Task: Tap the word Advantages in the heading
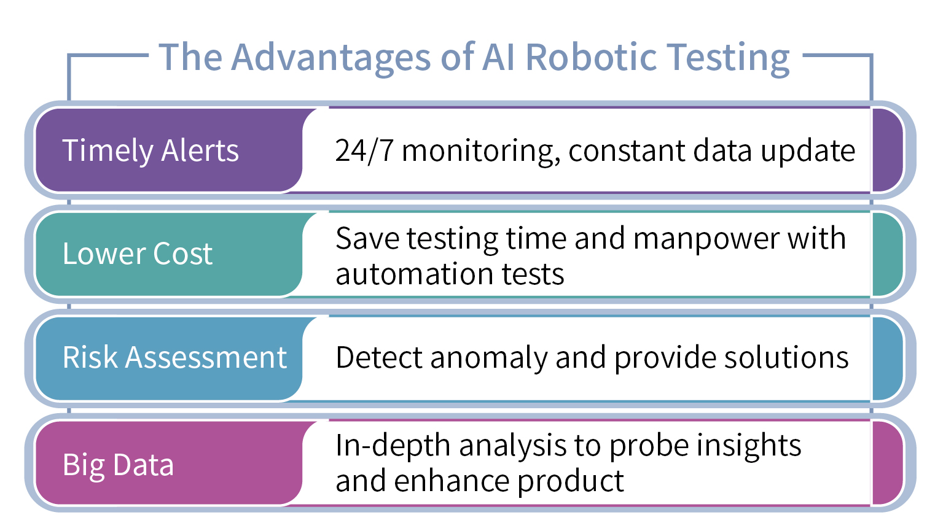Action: [331, 57]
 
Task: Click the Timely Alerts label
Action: [151, 150]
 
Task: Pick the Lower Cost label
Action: [138, 254]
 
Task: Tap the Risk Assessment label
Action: [174, 357]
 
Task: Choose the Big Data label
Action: [118, 465]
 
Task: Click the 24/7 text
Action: [364, 150]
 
